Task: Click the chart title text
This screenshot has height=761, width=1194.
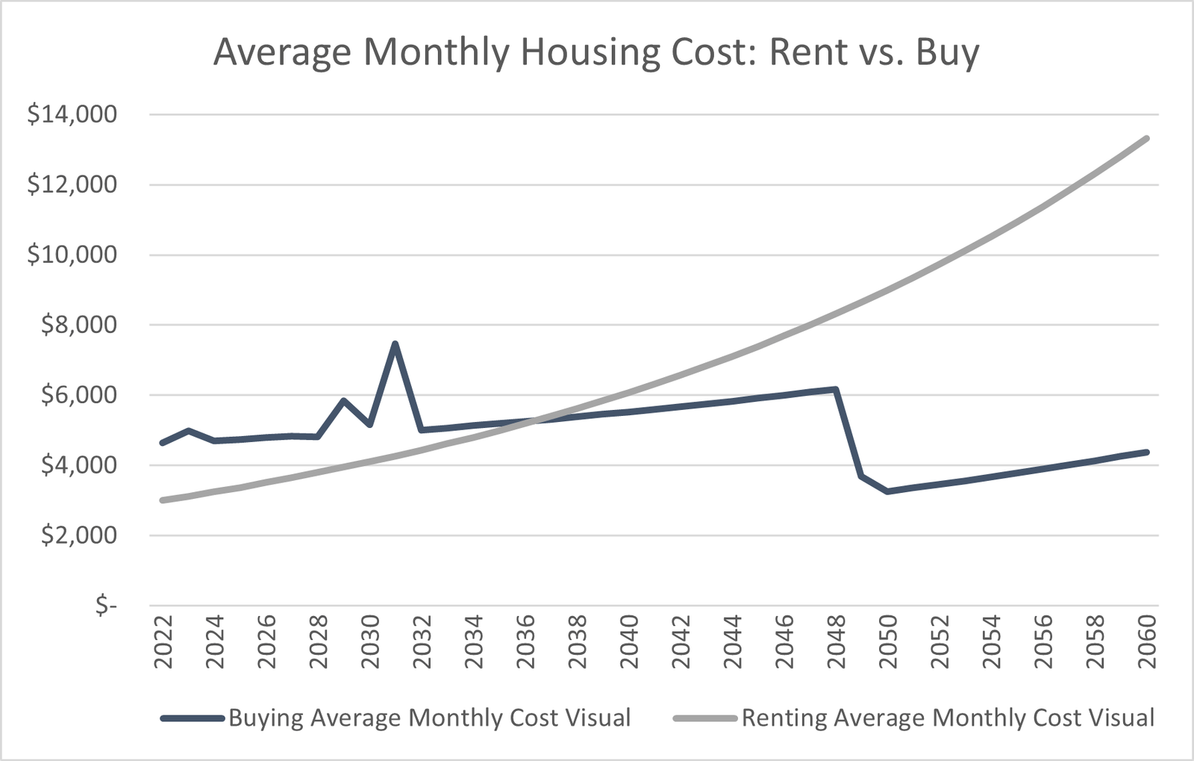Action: tap(596, 53)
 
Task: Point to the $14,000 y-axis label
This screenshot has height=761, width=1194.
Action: tap(72, 114)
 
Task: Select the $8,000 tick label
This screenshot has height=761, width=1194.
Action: tap(79, 325)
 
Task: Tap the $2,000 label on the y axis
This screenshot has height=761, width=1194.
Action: tap(79, 535)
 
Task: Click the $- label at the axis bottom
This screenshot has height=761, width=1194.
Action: tap(106, 606)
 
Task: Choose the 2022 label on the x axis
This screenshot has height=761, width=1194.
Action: tap(163, 645)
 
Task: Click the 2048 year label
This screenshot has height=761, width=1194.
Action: tap(836, 645)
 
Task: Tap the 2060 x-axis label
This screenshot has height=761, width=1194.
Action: tap(1146, 645)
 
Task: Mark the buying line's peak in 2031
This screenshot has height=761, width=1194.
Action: tap(395, 344)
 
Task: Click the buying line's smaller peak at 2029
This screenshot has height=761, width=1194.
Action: tap(343, 400)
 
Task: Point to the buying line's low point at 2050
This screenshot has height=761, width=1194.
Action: tap(887, 491)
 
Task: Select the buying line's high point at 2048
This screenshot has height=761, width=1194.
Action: tap(836, 389)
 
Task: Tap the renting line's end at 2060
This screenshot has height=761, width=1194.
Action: tap(1146, 138)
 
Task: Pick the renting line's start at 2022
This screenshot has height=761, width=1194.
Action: tap(163, 500)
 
